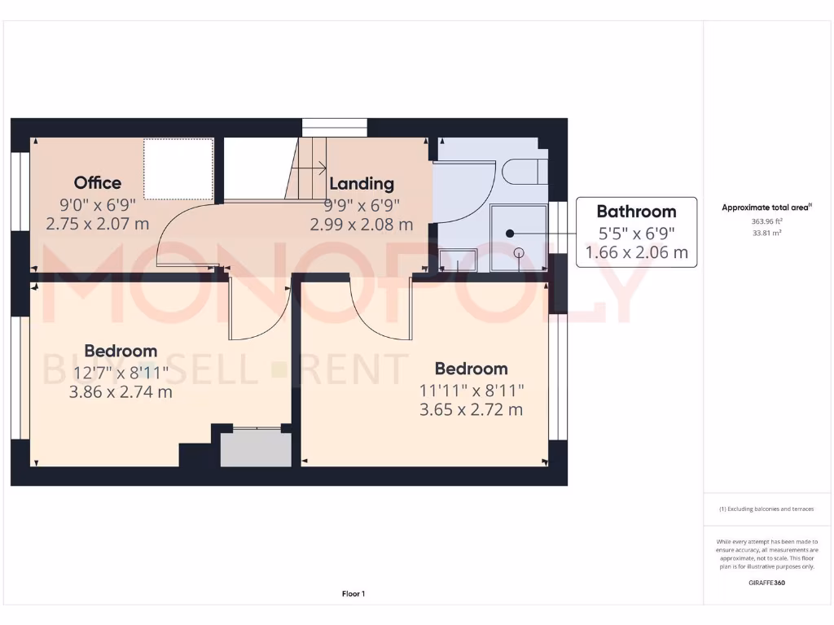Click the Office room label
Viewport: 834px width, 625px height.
98,183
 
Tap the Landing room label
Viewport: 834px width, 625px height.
361,184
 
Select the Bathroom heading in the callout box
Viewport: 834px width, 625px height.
636,212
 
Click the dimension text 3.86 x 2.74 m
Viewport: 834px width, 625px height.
121,392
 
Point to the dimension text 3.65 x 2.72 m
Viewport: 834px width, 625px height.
471,409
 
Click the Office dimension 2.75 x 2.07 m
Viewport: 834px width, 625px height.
98,223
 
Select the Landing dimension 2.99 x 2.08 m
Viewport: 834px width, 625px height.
361,224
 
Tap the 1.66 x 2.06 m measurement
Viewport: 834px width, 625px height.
636,252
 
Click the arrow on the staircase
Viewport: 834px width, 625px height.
309,169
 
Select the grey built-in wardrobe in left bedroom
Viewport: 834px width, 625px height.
256,447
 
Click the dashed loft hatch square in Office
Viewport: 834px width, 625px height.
178,168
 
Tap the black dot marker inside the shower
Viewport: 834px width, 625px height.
510,233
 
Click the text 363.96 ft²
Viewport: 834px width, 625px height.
766,221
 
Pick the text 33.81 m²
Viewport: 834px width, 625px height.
766,232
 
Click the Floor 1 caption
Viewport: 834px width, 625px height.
353,594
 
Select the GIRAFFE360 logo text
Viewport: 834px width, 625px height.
766,583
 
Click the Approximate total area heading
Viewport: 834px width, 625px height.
766,208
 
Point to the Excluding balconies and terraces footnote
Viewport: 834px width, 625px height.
766,509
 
